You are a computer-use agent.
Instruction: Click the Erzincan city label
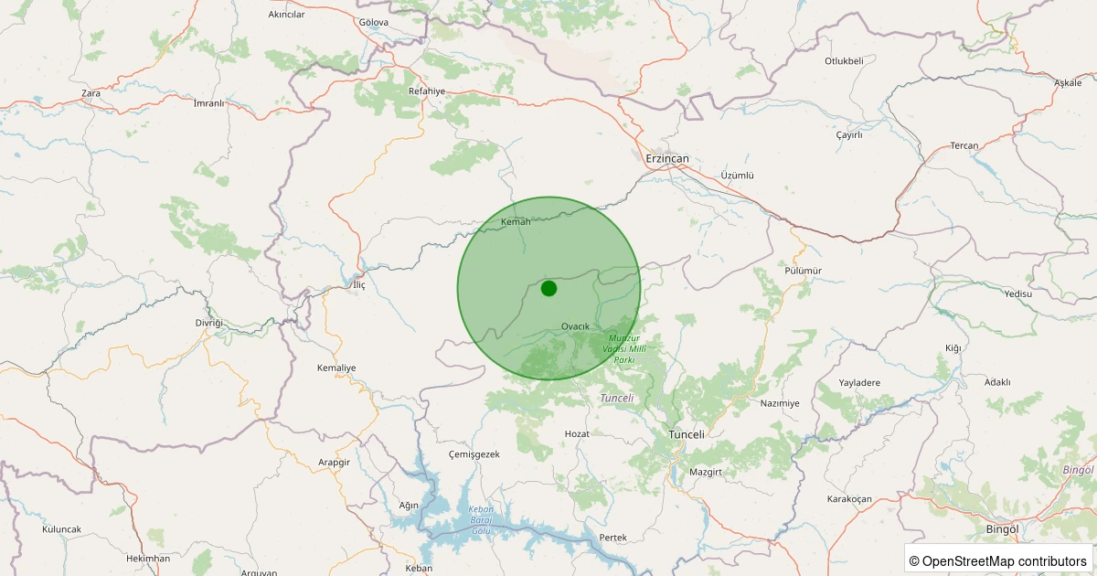pos(666,159)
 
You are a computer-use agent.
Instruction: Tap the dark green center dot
pos(548,289)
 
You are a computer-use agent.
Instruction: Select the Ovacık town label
pos(575,326)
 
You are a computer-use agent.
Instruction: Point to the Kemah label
pos(516,222)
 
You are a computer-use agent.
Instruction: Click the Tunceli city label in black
pos(687,434)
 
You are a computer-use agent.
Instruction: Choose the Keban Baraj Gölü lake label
pos(480,520)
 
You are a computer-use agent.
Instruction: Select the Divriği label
pos(208,324)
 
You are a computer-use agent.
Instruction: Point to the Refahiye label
pos(426,91)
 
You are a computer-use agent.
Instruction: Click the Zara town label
pos(91,93)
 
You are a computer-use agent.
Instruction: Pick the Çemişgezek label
pos(474,454)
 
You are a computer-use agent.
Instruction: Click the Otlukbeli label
pos(844,61)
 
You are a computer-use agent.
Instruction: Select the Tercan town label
pos(964,146)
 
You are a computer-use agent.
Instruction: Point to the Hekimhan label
pos(148,558)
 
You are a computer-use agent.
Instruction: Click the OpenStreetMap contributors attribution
pos(998,560)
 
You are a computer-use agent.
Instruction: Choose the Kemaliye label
pos(335,368)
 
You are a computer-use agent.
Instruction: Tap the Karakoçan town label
pos(849,498)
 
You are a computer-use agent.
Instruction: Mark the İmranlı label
pos(208,103)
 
